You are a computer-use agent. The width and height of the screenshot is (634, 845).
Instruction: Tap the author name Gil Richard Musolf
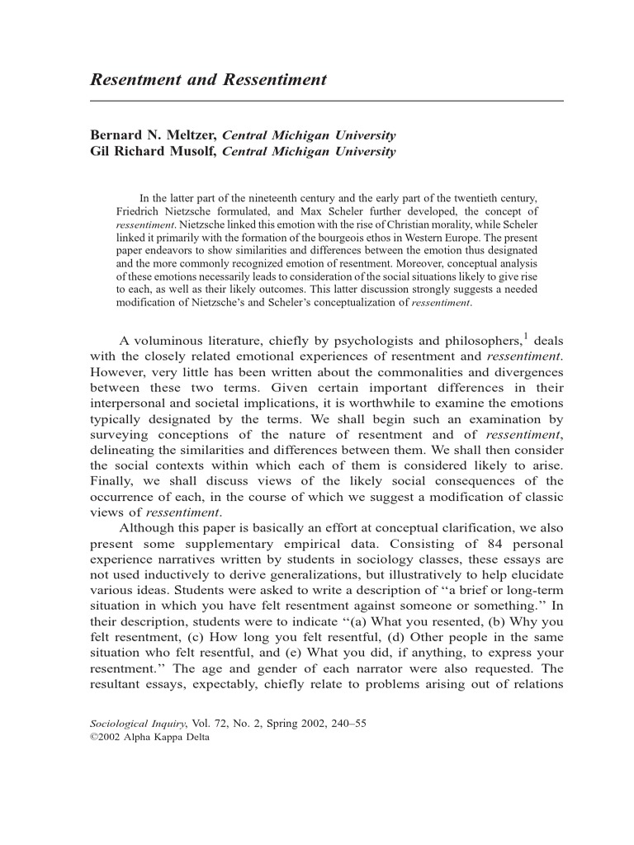154,152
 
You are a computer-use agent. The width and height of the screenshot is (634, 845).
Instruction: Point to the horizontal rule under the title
326,101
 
